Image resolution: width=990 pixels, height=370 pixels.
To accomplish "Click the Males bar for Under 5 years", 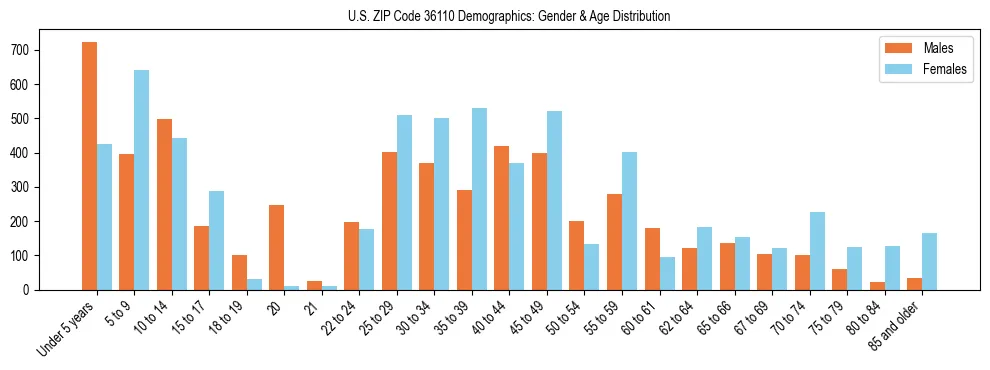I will pos(89,166).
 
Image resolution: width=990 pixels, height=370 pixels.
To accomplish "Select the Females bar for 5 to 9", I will pos(142,180).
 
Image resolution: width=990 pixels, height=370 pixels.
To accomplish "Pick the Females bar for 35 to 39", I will pos(479,199).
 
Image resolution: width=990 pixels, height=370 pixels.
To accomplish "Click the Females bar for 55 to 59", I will pos(629,221).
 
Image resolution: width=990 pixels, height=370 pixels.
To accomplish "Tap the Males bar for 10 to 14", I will pos(164,204).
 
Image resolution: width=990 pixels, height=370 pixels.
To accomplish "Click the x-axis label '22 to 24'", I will pos(340,318).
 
